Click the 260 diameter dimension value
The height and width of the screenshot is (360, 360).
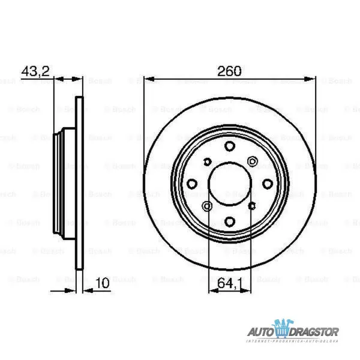[x=229, y=71]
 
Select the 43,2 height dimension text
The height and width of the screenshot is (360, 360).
[x=35, y=71]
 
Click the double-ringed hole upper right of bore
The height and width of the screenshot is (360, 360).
[x=252, y=161]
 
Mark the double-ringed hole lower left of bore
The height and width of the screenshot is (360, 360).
[x=208, y=206]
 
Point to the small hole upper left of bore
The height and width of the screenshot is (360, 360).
[x=208, y=161]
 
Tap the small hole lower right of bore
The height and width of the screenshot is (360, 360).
[x=252, y=206]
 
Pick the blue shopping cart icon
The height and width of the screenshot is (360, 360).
[x=282, y=329]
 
